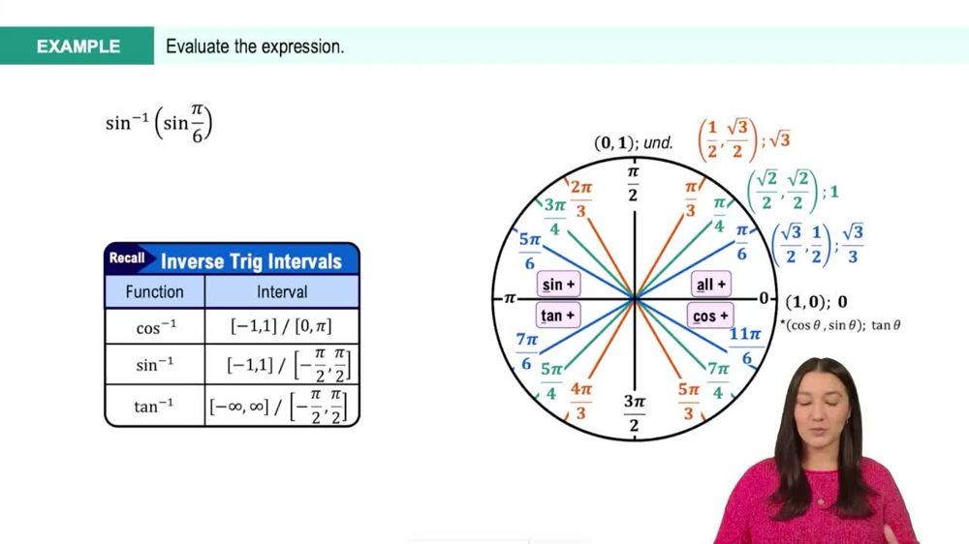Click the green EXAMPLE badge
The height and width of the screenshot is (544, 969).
point(78,46)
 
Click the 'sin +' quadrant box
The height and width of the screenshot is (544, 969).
point(558,285)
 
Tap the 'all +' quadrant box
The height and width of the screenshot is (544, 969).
point(711,285)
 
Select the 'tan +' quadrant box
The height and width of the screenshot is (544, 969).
point(558,316)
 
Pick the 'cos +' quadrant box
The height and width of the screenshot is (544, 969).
point(711,316)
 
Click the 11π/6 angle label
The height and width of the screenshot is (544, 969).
point(745,346)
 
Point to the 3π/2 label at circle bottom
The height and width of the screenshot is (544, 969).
point(633,413)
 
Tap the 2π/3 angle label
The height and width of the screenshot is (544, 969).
point(580,199)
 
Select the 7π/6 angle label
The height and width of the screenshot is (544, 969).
point(527,351)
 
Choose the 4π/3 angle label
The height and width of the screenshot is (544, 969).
point(580,401)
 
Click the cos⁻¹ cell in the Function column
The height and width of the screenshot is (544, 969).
point(155,328)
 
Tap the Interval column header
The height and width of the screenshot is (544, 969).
point(282,291)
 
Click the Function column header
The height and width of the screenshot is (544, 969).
point(155,291)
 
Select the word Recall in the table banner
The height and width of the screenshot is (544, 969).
point(127,258)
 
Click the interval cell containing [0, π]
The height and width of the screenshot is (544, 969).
point(282,327)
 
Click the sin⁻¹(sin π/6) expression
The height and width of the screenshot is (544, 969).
point(159,125)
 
